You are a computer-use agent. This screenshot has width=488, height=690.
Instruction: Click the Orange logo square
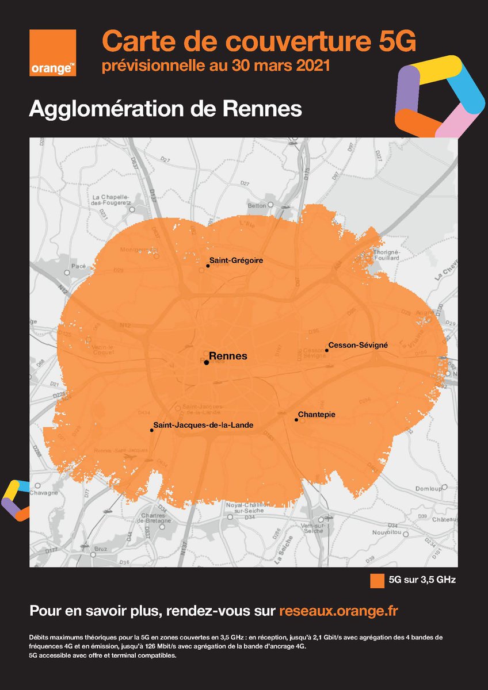[53, 53]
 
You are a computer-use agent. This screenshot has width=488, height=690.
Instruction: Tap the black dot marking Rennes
[206, 363]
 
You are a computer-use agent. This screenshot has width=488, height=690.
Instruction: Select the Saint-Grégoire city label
[236, 260]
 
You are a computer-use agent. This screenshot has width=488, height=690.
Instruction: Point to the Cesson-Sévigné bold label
[358, 346]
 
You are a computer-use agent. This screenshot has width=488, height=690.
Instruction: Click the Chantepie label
[317, 414]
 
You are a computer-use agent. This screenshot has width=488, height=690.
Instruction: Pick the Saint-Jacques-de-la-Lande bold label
[204, 425]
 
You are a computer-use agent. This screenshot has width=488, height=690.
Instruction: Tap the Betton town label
[257, 205]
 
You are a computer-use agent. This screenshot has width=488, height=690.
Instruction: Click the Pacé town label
[78, 266]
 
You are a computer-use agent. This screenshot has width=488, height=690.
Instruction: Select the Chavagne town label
[45, 492]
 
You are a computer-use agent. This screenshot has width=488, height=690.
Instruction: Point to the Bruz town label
[101, 549]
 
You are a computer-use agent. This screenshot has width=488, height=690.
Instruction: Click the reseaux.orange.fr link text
[338, 611]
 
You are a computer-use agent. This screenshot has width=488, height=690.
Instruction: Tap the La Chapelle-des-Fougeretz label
[112, 200]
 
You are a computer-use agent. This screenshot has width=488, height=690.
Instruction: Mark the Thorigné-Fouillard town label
[386, 255]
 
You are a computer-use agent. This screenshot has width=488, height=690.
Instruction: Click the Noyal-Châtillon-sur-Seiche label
[245, 507]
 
